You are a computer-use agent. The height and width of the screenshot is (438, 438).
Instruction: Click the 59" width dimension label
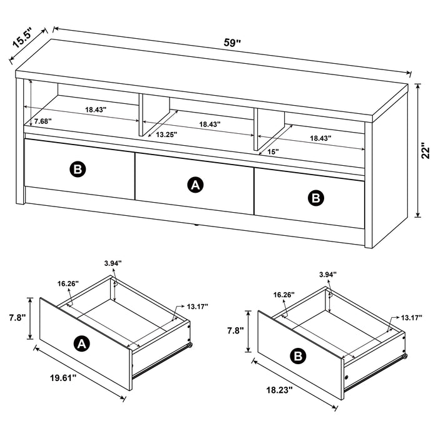tap(233, 43)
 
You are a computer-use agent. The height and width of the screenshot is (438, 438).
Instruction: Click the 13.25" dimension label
tap(166, 134)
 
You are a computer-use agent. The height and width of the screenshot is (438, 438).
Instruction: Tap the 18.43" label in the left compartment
tap(96, 109)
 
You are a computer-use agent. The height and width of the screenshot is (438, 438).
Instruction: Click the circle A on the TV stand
tap(196, 184)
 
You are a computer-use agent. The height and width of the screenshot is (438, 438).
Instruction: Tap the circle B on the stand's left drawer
tap(77, 168)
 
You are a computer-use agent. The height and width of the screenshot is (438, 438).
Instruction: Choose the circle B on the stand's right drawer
tap(317, 198)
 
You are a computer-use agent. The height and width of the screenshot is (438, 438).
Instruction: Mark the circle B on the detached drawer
tap(298, 356)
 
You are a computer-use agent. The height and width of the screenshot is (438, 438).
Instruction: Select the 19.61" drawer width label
tap(63, 377)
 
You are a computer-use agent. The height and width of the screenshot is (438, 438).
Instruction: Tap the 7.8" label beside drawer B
tap(235, 329)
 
